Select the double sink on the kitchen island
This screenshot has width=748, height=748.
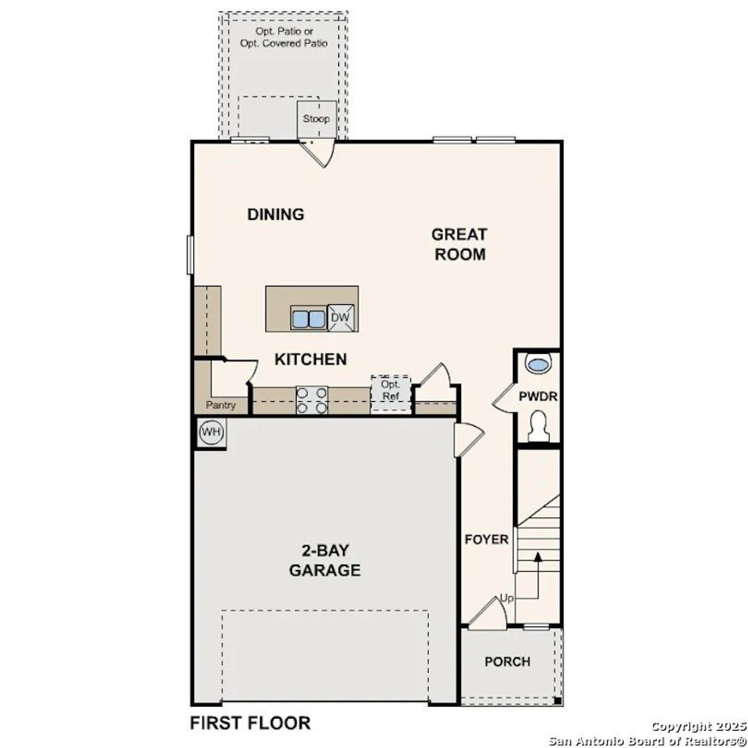tap(308, 319)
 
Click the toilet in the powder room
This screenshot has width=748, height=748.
tap(538, 425)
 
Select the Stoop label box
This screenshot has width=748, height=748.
tap(316, 119)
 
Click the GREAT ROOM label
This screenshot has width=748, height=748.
tap(459, 244)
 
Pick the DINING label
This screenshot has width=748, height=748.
tap(276, 214)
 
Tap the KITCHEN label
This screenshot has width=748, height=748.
tap(310, 359)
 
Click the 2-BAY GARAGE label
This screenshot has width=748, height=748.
tap(325, 560)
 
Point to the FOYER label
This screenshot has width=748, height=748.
tap(486, 539)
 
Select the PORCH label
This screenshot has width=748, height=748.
tap(507, 662)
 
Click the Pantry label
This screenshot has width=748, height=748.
tap(220, 405)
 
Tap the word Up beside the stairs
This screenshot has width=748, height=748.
tap(507, 598)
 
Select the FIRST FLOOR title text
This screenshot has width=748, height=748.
tap(250, 723)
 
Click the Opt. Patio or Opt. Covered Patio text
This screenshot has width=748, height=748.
tap(284, 37)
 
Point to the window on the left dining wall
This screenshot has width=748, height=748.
tap(190, 254)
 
